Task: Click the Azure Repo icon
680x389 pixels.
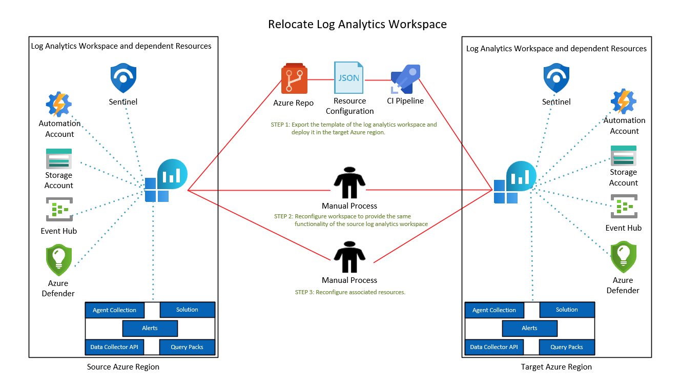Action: pos(294,79)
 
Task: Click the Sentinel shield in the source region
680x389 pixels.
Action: pos(123,78)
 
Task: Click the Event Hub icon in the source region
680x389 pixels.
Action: pos(59,209)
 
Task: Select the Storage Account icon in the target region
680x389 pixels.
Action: pos(623,155)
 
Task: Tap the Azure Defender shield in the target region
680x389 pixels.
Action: pos(623,257)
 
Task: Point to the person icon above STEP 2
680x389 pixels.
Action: pos(349,182)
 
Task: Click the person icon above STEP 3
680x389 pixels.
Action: pos(349,257)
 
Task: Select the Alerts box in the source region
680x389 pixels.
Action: pos(150,328)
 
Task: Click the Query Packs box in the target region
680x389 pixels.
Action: pos(566,347)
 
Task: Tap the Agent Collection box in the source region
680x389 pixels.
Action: pos(114,310)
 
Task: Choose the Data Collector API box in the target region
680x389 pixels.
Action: pos(493,347)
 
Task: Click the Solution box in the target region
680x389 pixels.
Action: pos(567,310)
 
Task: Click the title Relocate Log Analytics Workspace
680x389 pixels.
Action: pos(357,24)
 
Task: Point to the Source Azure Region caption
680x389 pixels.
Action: pos(123,367)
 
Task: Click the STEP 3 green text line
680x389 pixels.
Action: pos(350,292)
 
